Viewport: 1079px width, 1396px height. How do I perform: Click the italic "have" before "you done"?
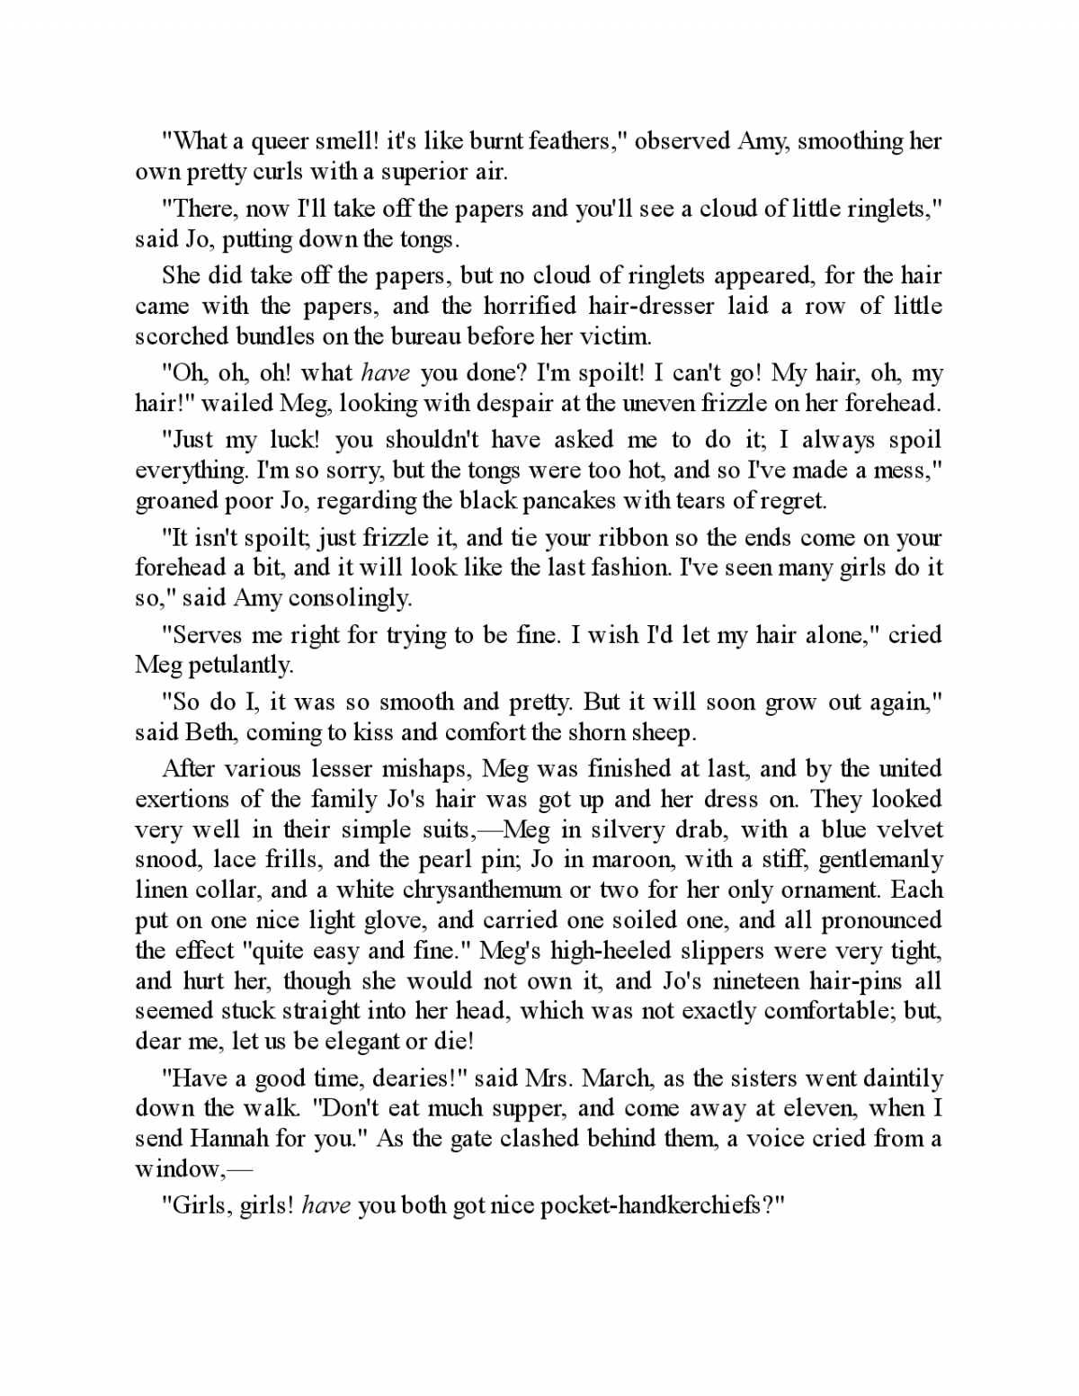(x=386, y=373)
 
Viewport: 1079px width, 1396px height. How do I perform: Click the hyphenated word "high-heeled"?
(x=620, y=951)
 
